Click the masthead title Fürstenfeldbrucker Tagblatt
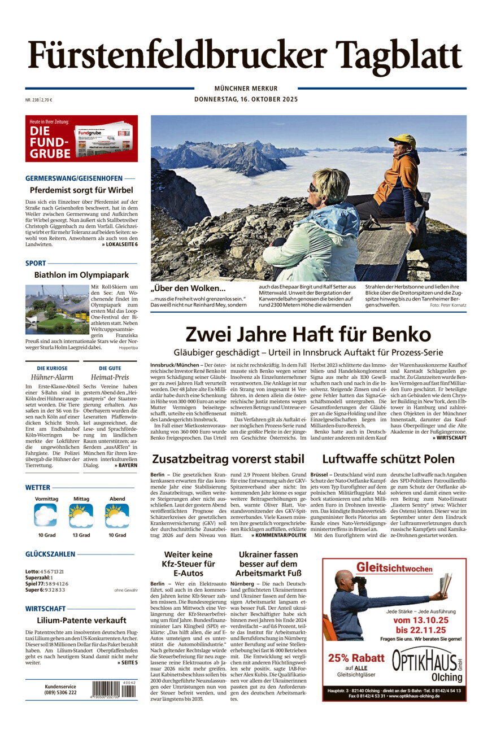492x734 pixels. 245,56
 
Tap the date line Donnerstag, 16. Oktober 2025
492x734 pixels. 246,99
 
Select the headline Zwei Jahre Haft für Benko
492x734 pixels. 308,334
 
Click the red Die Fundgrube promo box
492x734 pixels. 81,138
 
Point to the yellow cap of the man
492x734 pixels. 403,139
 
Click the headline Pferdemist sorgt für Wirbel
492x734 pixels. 81,190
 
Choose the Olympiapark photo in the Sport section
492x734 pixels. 57,309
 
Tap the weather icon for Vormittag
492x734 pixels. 46,515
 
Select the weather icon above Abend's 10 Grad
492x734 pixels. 117,515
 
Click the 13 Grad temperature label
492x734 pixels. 81,535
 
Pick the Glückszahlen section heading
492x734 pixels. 58,554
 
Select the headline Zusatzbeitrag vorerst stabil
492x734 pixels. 228,459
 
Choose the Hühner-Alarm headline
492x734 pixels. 52,377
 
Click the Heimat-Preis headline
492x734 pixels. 110,377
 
